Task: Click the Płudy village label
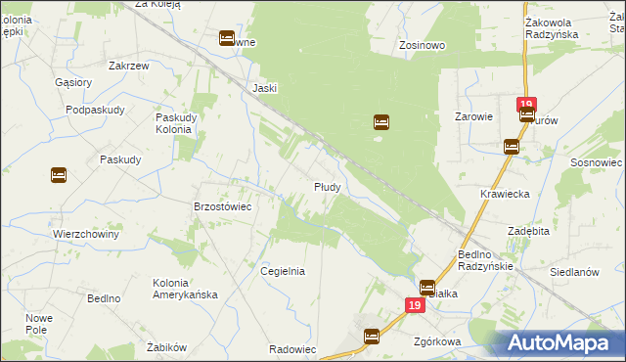pyautogui.click(x=327, y=186)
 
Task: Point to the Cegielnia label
pyautogui.click(x=283, y=272)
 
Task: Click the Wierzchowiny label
pyautogui.click(x=86, y=235)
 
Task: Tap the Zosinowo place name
pyautogui.click(x=423, y=45)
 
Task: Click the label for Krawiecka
pyautogui.click(x=505, y=194)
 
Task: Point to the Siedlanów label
pyautogui.click(x=575, y=273)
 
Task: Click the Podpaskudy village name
pyautogui.click(x=96, y=110)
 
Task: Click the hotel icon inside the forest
pyautogui.click(x=381, y=122)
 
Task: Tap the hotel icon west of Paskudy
pyautogui.click(x=58, y=175)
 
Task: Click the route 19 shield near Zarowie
pyautogui.click(x=526, y=105)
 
